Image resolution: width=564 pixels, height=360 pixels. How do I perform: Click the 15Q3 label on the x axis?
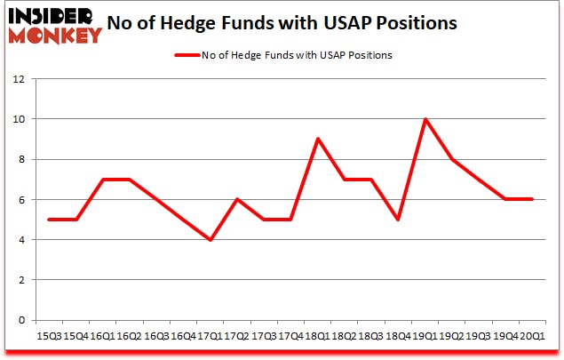point(48,336)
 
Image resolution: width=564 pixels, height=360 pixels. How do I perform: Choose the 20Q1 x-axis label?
point(531,336)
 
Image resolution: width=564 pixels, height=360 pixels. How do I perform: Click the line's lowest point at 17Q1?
point(210,240)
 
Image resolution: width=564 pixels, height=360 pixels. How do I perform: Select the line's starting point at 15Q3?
point(48,220)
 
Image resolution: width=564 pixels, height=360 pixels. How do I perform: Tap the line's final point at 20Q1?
point(531,199)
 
